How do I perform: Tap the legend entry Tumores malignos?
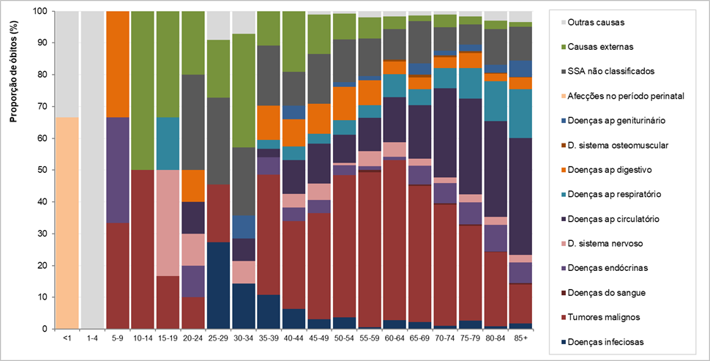pos(605,317)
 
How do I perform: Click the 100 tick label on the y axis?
pos(40,12)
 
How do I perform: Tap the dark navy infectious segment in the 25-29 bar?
pos(218,286)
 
